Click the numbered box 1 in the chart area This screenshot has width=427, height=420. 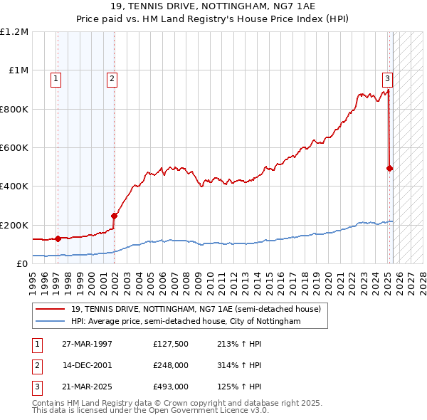pos(56,80)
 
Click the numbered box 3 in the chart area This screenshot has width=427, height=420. pos(387,79)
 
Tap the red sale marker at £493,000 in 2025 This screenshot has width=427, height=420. pos(390,169)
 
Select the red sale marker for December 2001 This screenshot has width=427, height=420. pos(114,216)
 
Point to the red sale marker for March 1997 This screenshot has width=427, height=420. pos(58,239)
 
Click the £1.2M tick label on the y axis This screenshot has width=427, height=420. pos(14,32)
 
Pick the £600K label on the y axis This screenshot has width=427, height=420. pos(14,148)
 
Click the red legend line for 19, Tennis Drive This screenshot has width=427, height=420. pos(50,310)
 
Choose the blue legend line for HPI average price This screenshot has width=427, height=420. pos(50,322)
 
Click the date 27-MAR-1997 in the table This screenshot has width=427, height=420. pos(88,344)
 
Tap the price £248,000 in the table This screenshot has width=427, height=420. pos(171,365)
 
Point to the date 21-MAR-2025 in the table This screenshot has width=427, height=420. pos(88,387)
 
